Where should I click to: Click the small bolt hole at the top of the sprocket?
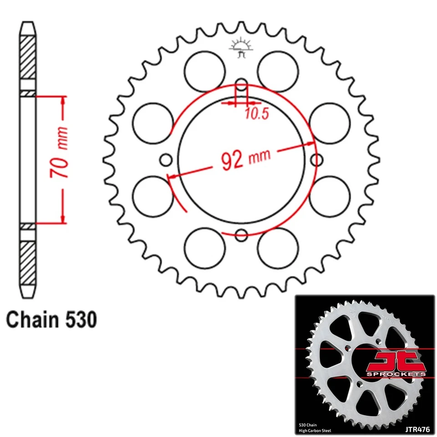coord(242,85)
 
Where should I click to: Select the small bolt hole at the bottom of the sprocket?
coord(242,235)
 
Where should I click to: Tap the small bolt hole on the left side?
coord(167,160)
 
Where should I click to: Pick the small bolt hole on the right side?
coord(317,160)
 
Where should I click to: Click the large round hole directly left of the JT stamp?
coord(205,71)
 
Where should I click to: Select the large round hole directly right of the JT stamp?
coord(278,71)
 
